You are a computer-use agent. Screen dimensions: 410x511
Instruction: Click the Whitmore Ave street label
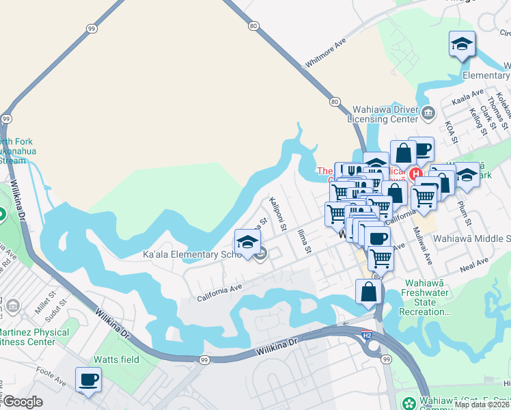pyautogui.click(x=326, y=51)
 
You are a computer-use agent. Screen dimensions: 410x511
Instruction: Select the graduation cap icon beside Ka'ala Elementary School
pyautogui.click(x=247, y=242)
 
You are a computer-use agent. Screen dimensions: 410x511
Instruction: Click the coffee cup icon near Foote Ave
pyautogui.click(x=87, y=379)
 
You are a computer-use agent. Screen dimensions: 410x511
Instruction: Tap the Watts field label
pyautogui.click(x=115, y=359)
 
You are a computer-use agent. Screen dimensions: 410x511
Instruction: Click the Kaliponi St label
pyautogui.click(x=278, y=214)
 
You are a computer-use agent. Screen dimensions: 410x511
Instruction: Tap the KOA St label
pyautogui.click(x=450, y=133)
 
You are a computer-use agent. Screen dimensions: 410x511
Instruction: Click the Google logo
pyautogui.click(x=23, y=402)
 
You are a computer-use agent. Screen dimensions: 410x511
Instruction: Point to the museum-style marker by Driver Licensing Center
pyautogui.click(x=428, y=113)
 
